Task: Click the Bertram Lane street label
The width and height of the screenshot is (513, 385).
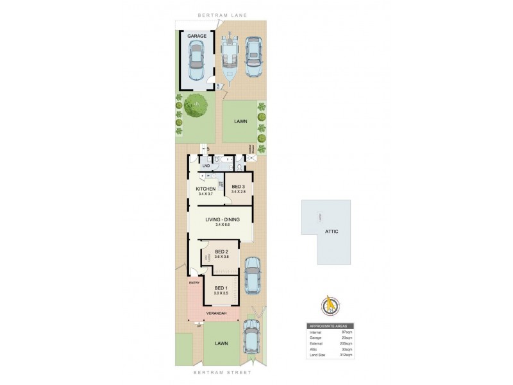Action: click(x=222, y=13)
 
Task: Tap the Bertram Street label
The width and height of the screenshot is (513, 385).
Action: click(x=222, y=372)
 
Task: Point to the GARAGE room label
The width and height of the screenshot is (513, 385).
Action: click(x=196, y=37)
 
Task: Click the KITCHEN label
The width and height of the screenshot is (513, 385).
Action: click(x=205, y=188)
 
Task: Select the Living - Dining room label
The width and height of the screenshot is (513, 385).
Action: click(x=223, y=220)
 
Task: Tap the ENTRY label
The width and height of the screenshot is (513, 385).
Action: click(x=195, y=282)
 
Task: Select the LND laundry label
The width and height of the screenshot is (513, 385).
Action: click(x=206, y=167)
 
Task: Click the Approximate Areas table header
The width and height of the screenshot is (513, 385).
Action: click(x=331, y=327)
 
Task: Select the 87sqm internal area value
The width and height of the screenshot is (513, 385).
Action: click(x=346, y=332)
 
